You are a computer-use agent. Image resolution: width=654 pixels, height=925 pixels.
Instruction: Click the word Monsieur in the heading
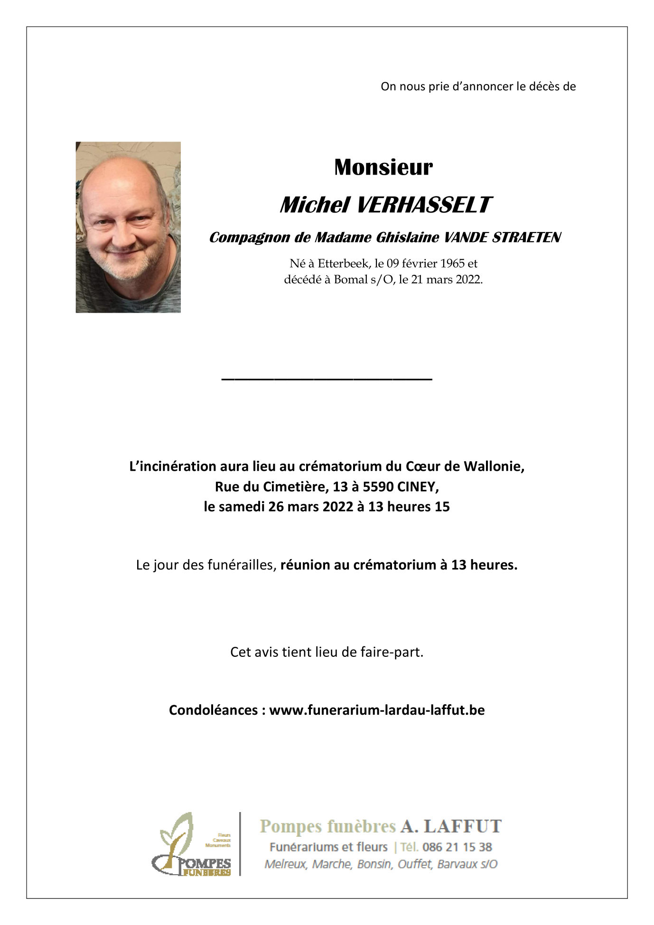coord(383,167)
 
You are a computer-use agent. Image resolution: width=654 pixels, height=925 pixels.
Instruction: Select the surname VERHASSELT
coord(423,205)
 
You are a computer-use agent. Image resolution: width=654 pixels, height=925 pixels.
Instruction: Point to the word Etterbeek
coord(343,263)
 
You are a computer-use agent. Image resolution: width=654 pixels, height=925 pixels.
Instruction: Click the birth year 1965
coord(452,263)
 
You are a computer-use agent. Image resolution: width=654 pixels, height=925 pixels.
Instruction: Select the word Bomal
coord(351,280)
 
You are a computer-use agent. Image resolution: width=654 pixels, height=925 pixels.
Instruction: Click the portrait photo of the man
coord(128,227)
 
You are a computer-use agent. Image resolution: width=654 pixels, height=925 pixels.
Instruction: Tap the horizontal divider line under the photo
coord(327,379)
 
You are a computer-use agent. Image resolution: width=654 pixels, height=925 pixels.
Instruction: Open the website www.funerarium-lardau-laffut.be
coord(377,710)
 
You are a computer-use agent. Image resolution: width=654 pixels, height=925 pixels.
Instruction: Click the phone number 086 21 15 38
coord(457,847)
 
